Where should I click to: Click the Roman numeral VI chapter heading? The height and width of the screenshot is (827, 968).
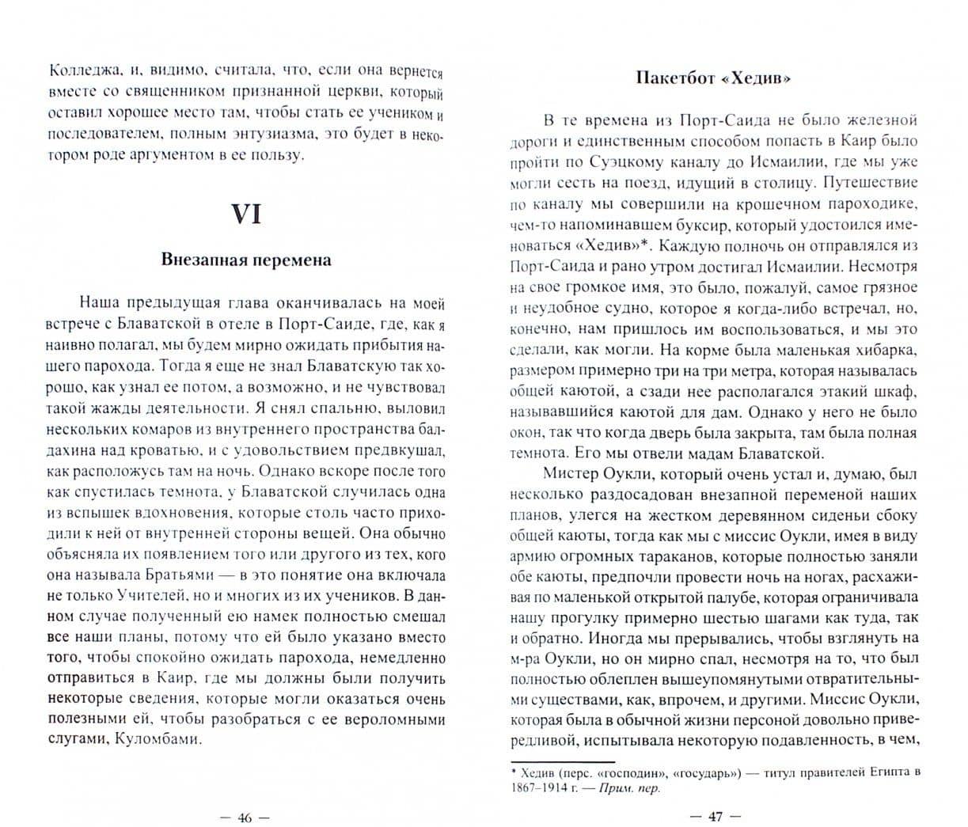pos(245,214)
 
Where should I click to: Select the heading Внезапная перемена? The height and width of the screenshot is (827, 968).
pos(245,260)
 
